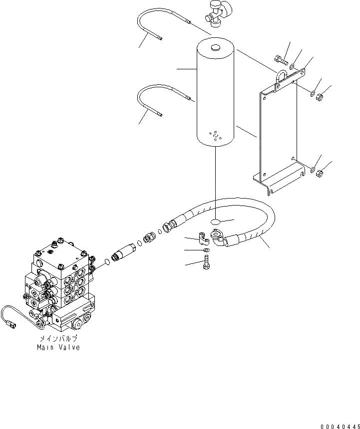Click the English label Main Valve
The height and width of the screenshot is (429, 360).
point(58,347)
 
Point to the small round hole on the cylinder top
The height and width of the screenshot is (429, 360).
point(215,48)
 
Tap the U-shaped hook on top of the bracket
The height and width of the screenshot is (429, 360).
point(280,76)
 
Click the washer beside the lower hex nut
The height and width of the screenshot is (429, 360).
point(312,171)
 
